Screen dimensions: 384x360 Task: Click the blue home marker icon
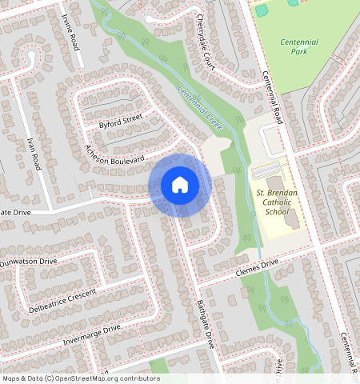pos(180,185)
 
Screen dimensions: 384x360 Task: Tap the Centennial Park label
pos(300,46)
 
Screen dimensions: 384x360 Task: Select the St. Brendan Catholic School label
pos(277,203)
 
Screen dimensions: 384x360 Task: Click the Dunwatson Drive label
pos(29,262)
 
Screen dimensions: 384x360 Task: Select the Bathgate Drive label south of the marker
pos(206,322)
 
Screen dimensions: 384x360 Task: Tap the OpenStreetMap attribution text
pos(81,378)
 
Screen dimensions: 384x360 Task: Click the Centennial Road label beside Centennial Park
pos(273,94)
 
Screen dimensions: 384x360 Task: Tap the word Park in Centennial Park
pos(300,52)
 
